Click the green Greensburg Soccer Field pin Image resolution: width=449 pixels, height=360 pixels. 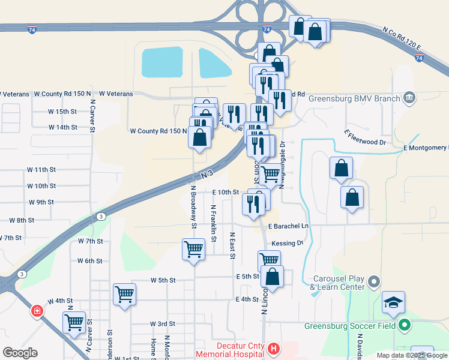[405, 326]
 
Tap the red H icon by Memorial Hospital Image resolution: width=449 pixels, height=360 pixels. [274, 348]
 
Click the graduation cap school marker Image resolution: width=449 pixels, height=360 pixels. [393, 303]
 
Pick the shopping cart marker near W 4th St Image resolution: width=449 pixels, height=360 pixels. [125, 294]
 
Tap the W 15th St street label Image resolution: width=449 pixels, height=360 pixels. [63, 112]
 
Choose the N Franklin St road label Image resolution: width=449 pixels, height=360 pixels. [213, 223]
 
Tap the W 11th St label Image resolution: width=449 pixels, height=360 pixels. [41, 170]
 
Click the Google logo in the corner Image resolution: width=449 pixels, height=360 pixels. [20, 352]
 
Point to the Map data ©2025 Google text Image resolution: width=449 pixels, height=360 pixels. [412, 355]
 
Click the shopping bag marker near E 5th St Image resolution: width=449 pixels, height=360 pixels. [273, 277]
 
